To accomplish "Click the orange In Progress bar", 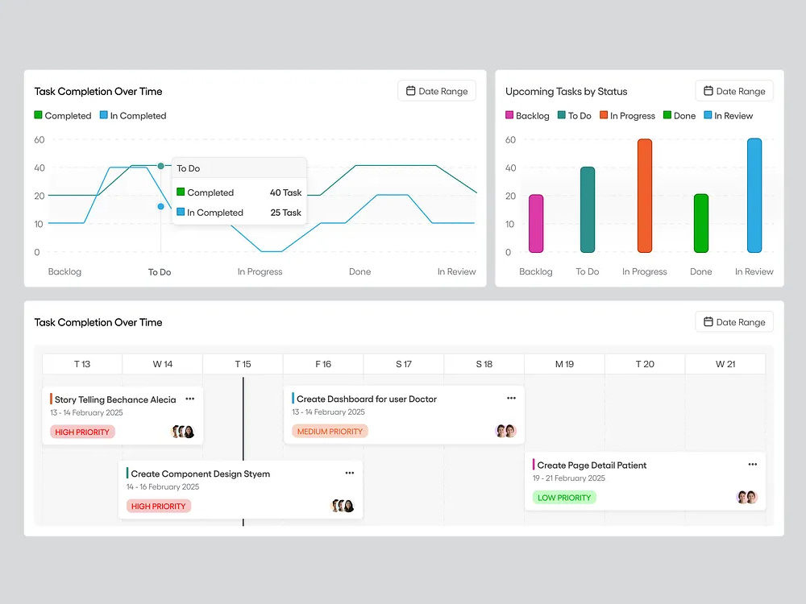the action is [645, 196].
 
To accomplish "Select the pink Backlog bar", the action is [536, 223].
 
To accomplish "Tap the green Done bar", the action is [701, 223].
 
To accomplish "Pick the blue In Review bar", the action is [754, 196].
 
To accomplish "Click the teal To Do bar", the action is [588, 209].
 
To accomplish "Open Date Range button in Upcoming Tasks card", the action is [734, 91].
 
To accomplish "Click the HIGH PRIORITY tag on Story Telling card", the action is [82, 432].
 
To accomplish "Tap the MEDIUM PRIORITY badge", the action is [330, 432].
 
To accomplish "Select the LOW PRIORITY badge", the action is [564, 498].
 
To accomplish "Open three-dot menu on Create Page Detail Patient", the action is [753, 465].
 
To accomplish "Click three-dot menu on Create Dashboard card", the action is [511, 398].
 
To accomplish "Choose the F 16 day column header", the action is [323, 364].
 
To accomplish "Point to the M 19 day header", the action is [564, 364].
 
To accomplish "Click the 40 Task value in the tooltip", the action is [286, 192].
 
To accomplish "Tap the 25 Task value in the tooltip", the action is [286, 213].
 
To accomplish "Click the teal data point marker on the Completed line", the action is [161, 166].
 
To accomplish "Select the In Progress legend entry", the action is [628, 115].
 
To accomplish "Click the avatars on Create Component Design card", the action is [343, 506].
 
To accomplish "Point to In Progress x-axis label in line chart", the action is [260, 271].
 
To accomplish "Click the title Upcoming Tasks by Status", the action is [566, 92].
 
